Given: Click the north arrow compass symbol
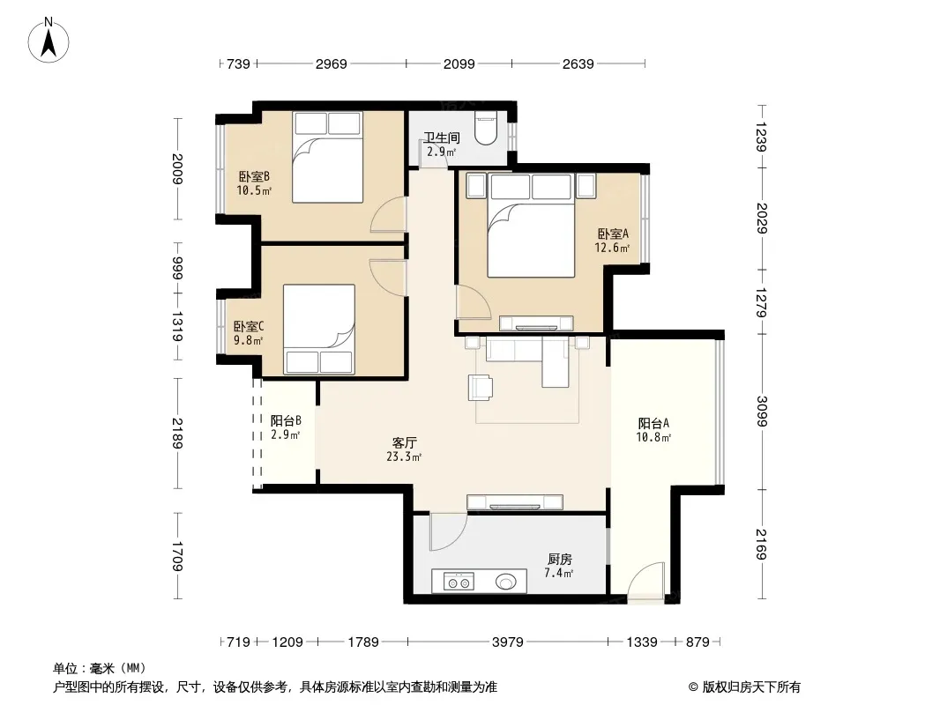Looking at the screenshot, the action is tap(48, 41).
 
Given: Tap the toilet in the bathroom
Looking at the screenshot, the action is tap(486, 128).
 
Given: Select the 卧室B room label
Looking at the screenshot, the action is tap(254, 177).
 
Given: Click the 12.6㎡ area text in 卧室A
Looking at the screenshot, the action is tap(612, 248).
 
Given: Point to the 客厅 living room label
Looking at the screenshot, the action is tap(404, 442).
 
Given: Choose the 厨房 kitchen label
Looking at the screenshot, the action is tap(559, 560).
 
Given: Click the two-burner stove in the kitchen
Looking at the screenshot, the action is tap(459, 581).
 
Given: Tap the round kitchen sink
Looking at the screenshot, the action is tap(506, 581).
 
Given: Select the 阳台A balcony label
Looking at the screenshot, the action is tap(653, 424).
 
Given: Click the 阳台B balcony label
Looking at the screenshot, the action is tap(286, 420).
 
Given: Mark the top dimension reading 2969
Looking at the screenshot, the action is tap(331, 63).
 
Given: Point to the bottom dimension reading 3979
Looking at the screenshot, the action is tap(508, 642).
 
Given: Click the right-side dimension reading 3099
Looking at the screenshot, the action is tap(761, 412).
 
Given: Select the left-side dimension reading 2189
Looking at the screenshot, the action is tap(177, 433).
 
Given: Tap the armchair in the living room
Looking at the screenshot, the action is tap(481, 387).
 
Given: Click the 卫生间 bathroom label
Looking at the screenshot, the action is tap(442, 137).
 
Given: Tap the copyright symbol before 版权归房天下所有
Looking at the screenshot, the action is tap(694, 687).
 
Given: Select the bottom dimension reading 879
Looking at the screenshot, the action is tap(698, 642).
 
